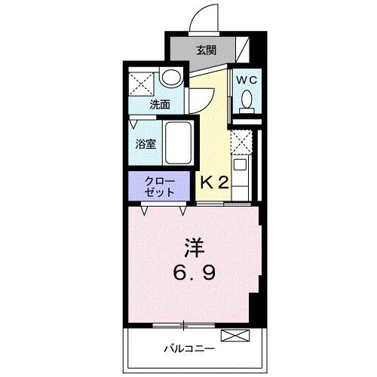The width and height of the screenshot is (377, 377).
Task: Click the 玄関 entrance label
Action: click(x=207, y=51)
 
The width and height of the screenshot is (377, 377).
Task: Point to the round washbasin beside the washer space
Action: click(x=171, y=78)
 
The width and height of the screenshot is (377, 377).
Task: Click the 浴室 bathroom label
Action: click(x=146, y=144)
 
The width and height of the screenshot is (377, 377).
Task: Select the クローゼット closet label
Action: click(x=162, y=186)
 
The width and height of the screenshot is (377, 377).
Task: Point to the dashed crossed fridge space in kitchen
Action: click(x=244, y=141)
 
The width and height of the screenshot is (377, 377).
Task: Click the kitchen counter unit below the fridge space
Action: click(x=243, y=179)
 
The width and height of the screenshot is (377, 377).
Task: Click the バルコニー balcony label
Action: click(x=189, y=349)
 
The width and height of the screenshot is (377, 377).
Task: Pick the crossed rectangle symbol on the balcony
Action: click(x=232, y=335)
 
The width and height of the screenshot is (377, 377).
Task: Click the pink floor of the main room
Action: click(x=151, y=287)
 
